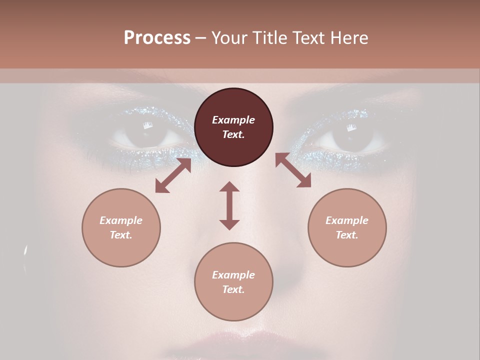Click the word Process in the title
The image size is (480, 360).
tap(157, 38)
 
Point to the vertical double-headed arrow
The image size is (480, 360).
tap(229, 205)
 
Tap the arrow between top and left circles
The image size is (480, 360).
tap(173, 175)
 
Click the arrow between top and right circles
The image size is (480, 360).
tap(293, 170)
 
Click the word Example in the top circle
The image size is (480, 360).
tap(233, 120)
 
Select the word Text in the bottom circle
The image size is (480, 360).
tap(233, 289)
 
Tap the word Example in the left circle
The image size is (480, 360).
tap(121, 220)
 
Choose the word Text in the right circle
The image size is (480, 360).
tap(347, 235)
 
